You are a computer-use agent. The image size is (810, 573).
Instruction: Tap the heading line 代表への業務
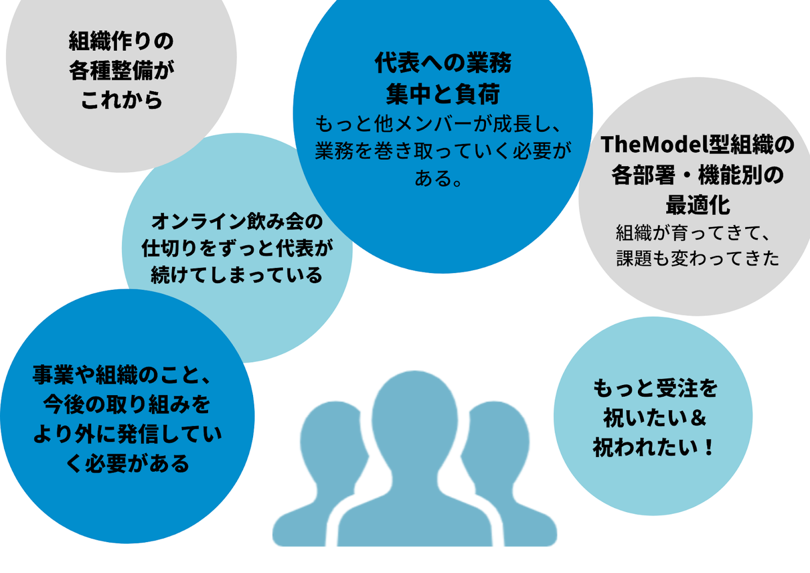tap(443, 63)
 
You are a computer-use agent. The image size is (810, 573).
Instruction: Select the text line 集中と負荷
tap(443, 94)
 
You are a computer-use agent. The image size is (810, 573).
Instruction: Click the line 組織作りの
tap(121, 41)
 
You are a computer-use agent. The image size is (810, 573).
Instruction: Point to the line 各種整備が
tap(121, 71)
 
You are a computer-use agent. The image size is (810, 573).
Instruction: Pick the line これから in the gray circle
tap(121, 101)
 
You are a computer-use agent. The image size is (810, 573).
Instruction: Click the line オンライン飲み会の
tap(237, 221)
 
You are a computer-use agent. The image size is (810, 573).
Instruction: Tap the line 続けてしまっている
tap(237, 275)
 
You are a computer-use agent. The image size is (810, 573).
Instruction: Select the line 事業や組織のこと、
tap(127, 375)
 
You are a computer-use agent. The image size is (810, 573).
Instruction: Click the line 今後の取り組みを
tap(127, 404)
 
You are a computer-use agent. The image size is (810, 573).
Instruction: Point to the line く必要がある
tap(127, 464)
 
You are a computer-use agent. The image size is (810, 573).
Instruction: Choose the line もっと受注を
tap(655, 388)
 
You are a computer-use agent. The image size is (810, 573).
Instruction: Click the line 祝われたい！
tap(655, 447)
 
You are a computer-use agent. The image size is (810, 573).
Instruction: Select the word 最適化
tap(697, 205)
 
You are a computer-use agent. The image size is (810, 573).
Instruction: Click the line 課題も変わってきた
tap(697, 258)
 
